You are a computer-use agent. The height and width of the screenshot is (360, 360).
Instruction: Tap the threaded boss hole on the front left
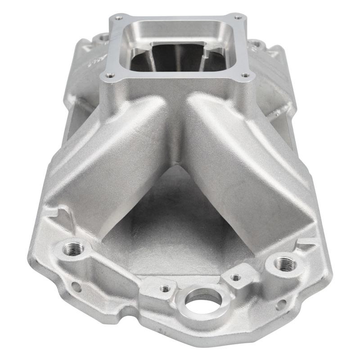(71, 248)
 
